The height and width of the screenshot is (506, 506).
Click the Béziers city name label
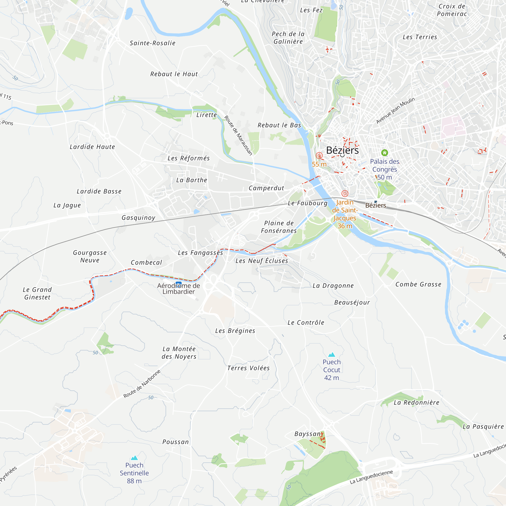tap(342, 150)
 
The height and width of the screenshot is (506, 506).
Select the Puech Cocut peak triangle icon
tap(332, 355)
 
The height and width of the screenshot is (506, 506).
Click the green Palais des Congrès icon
tap(384, 152)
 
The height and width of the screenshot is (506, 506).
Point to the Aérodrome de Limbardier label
tap(179, 289)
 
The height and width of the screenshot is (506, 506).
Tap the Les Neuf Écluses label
tap(262, 261)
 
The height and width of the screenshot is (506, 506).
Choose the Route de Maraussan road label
tap(238, 135)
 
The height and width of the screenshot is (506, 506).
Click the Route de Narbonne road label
tap(142, 384)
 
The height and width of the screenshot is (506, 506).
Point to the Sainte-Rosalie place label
tap(152, 43)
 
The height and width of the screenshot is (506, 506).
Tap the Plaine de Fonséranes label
tap(279, 227)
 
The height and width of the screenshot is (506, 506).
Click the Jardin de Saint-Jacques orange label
tap(345, 214)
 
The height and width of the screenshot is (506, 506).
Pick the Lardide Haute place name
tap(92, 147)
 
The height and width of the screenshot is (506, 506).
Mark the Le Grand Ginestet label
tap(37, 293)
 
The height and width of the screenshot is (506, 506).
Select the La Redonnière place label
tap(416, 403)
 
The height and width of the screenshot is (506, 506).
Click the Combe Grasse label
tap(418, 284)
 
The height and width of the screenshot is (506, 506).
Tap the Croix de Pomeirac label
tap(452, 10)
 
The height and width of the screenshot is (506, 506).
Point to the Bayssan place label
tap(307, 434)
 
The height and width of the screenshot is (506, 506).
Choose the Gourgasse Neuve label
tap(90, 256)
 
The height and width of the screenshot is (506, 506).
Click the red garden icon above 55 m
tap(319, 156)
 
